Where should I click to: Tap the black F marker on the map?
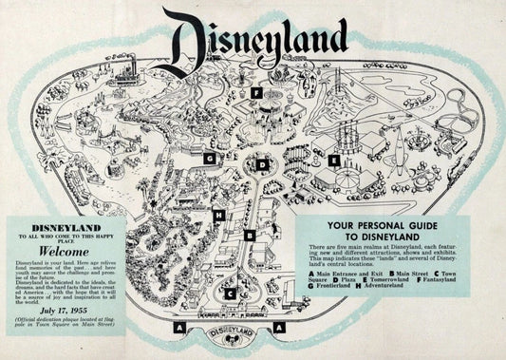tap(256, 93)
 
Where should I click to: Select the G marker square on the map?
tap(207, 159)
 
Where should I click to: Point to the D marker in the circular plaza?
tap(262, 164)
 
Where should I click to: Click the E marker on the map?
tap(334, 161)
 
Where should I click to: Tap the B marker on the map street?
tap(250, 234)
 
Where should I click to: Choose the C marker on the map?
tap(229, 294)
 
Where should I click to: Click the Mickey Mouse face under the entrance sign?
tap(228, 351)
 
